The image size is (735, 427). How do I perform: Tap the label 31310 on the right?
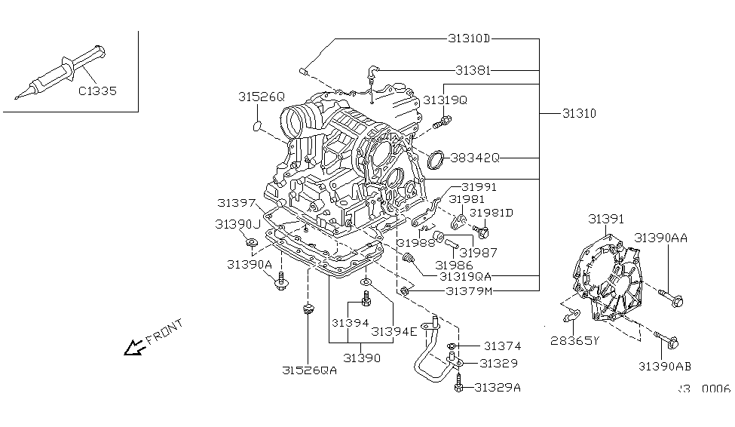tap(578, 114)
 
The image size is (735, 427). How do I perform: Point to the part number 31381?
tap(473, 69)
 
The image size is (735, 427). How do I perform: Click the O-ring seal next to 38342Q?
tap(436, 160)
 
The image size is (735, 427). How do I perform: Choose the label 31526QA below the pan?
tap(309, 370)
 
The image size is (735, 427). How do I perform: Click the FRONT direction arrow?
tap(134, 347)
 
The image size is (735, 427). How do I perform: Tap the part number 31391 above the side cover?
tap(606, 219)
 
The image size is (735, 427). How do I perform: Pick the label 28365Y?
tap(574, 340)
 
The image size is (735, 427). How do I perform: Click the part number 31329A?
tap(498, 388)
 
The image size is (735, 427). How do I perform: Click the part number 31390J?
tap(237, 224)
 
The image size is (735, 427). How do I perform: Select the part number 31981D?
tap(492, 213)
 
